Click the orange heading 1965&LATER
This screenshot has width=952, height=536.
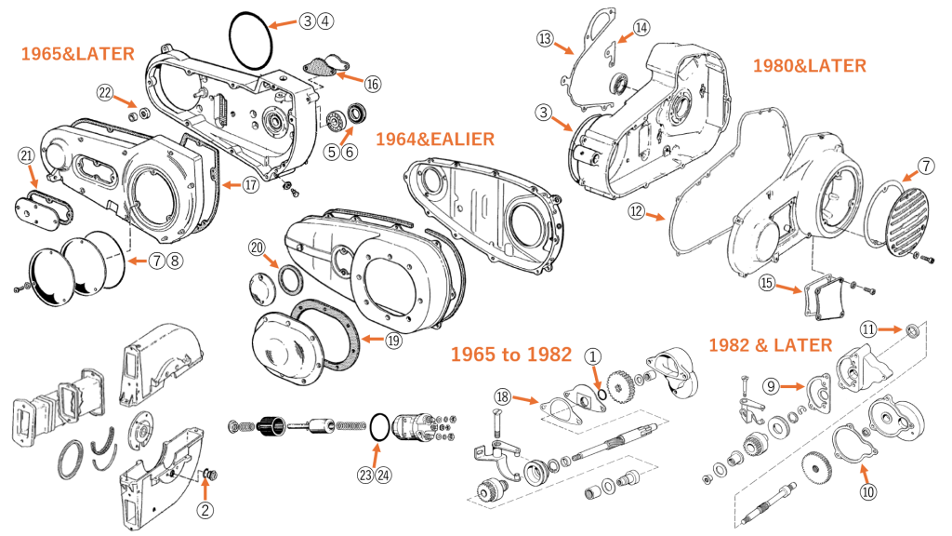(x=78, y=54)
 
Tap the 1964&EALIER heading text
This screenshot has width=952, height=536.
(x=435, y=140)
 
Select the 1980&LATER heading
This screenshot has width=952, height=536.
(x=810, y=66)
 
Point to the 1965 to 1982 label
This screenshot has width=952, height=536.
(x=511, y=355)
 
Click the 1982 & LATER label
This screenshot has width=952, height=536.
(x=771, y=345)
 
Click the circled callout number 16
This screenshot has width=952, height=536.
(x=373, y=84)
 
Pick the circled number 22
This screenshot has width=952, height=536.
(x=105, y=92)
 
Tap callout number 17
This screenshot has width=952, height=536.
(x=251, y=185)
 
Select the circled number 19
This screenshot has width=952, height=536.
(x=393, y=341)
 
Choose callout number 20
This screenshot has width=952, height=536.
(x=257, y=248)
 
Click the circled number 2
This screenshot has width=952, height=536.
(x=205, y=510)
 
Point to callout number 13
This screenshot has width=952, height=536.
(x=545, y=39)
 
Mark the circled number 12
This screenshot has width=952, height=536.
(x=636, y=211)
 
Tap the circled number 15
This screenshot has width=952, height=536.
(x=767, y=283)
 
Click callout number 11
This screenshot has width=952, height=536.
(x=868, y=329)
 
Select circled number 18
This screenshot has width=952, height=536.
(x=502, y=396)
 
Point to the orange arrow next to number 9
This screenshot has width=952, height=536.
(x=792, y=386)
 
